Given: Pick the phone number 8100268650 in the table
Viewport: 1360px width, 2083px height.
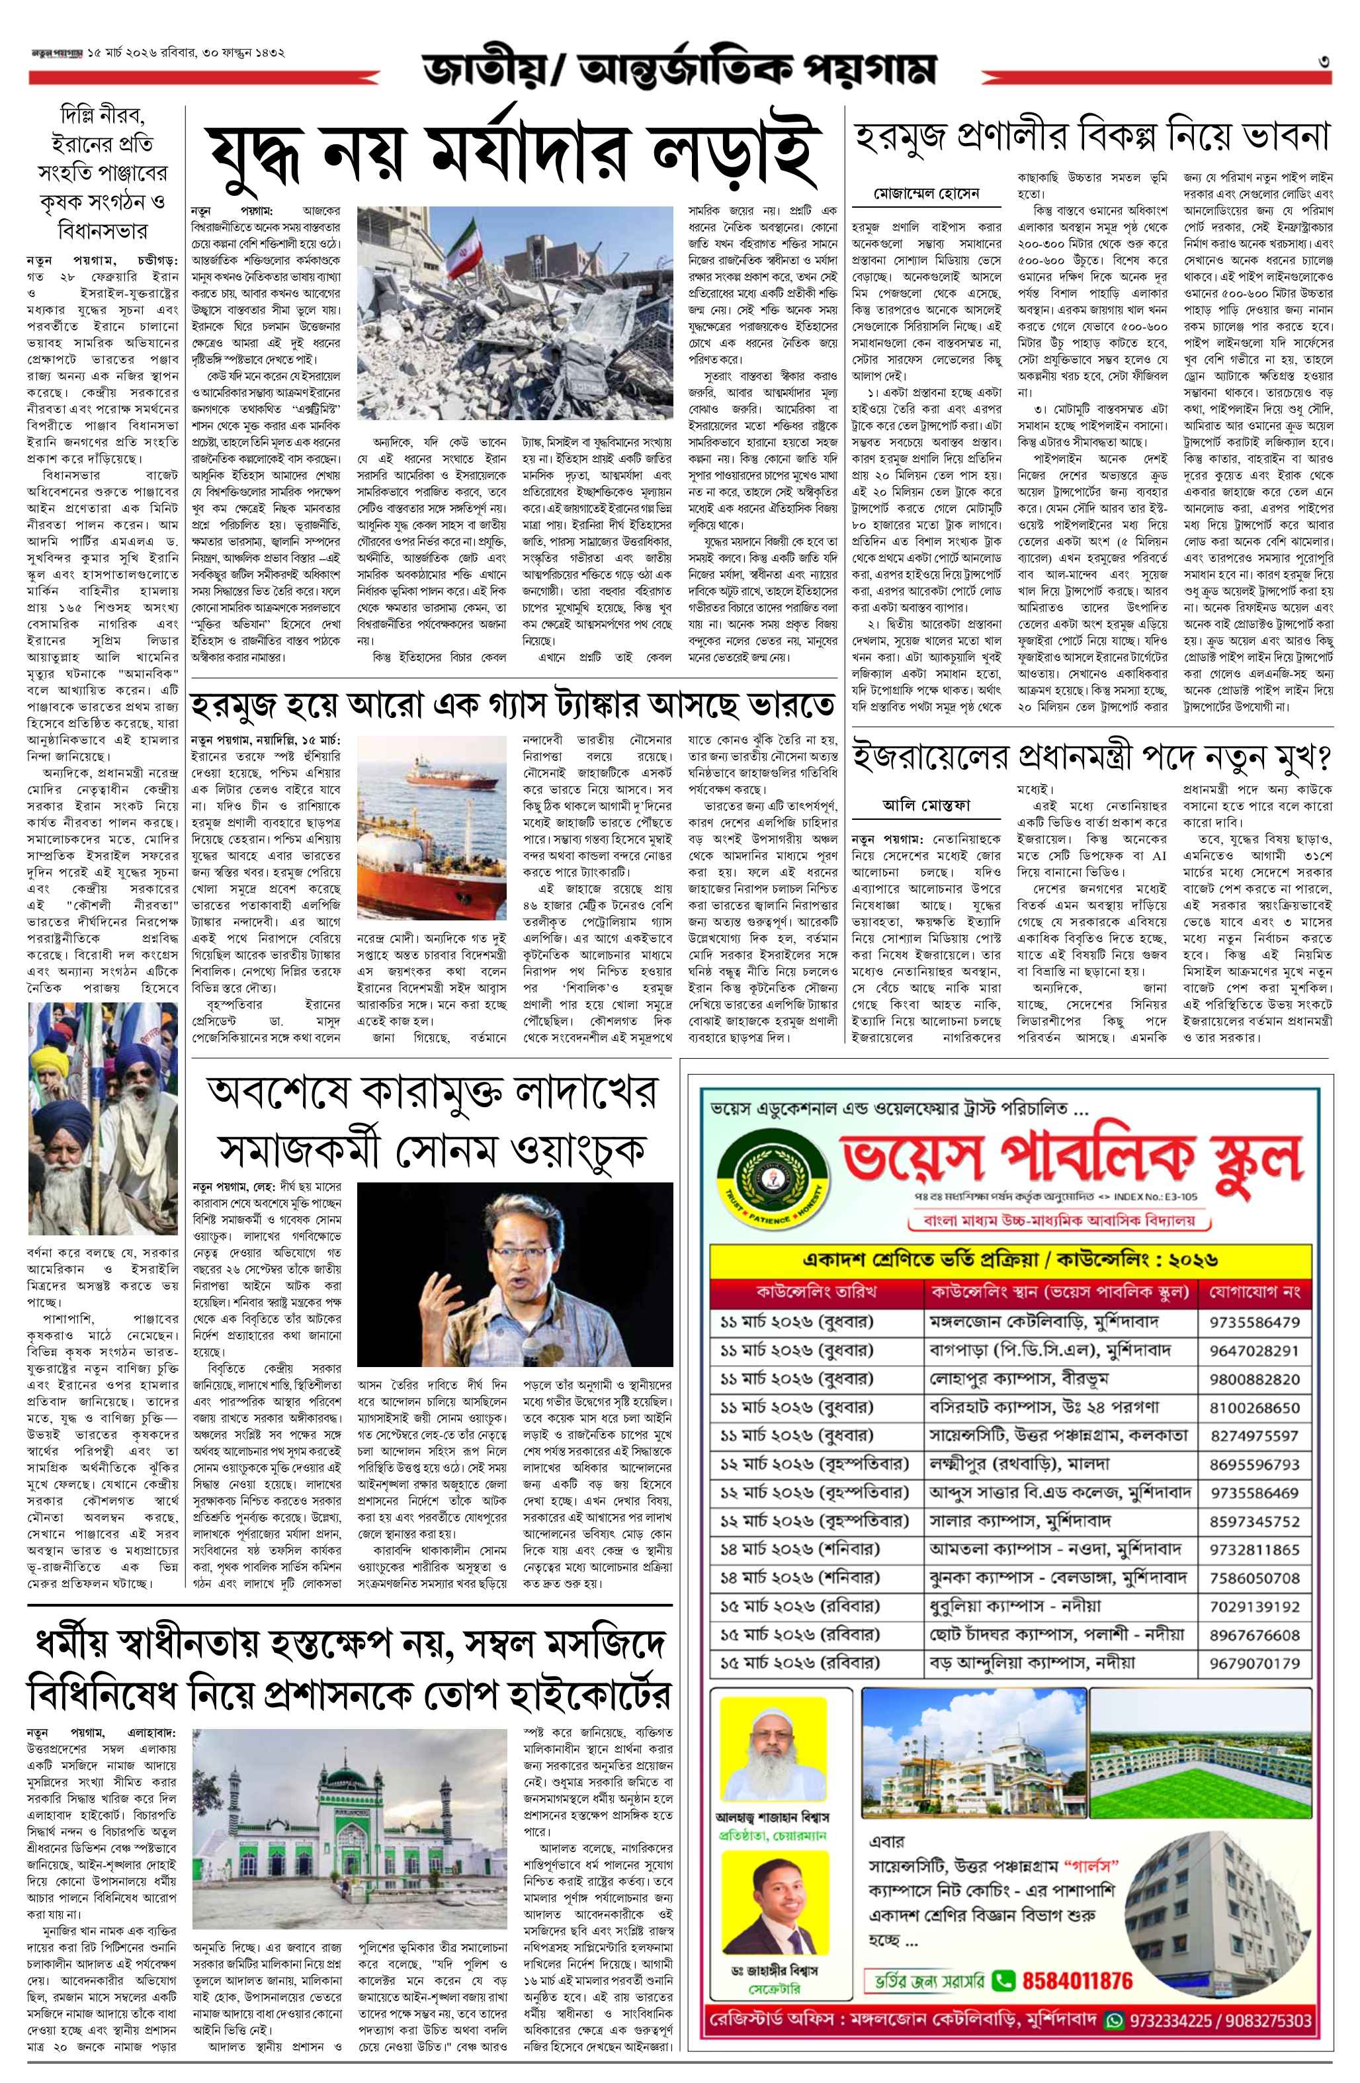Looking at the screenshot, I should click(x=1254, y=1408).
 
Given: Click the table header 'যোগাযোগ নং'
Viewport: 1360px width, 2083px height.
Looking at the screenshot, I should click(x=1254, y=1291).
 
